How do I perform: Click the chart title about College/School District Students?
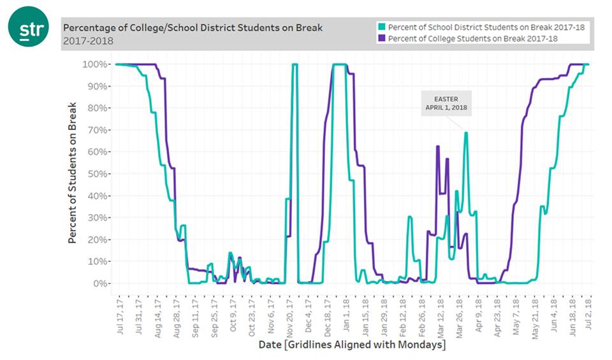(x=192, y=28)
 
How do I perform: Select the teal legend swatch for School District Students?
(x=382, y=27)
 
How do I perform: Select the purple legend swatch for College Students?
(x=382, y=39)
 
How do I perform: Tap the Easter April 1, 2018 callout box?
(x=446, y=103)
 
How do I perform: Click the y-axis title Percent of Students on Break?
(x=73, y=172)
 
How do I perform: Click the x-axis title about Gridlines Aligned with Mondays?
(x=352, y=345)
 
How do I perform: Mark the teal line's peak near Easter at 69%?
(x=466, y=133)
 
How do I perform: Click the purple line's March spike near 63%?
(x=437, y=146)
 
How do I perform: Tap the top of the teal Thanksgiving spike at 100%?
(x=295, y=64)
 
